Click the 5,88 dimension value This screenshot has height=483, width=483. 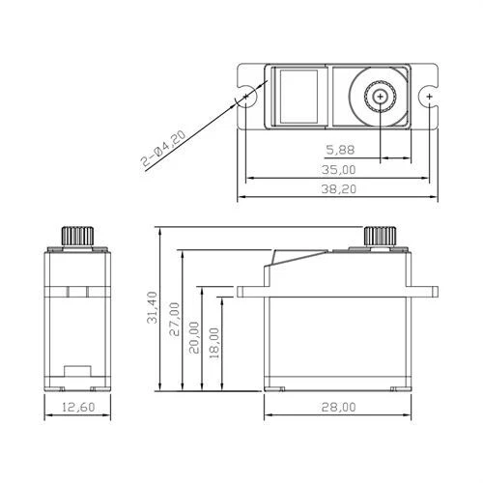(x=340, y=150)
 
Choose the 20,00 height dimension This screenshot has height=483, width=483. (x=196, y=335)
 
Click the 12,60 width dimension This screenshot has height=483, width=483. (x=80, y=409)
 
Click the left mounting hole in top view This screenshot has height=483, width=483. (x=248, y=98)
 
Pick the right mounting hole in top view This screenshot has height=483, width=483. (x=428, y=98)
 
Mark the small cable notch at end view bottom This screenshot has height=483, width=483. (x=75, y=372)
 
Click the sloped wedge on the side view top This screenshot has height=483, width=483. (x=284, y=259)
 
